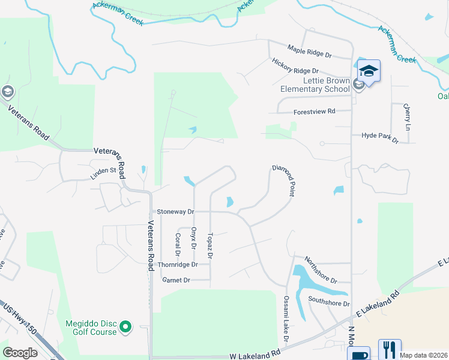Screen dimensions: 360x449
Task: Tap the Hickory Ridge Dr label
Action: pos(295,67)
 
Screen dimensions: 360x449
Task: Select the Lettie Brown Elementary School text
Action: pos(318,85)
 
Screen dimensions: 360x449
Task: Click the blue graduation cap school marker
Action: pos(369,71)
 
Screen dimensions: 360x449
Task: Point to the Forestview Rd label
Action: pos(314,112)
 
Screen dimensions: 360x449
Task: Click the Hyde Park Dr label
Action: pos(380,137)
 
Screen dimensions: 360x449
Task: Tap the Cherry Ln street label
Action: pos(406,117)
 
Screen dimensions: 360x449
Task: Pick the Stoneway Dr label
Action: pos(175,212)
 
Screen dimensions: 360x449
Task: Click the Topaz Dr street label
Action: pos(209,245)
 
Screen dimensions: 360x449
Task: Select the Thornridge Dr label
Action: pos(177,265)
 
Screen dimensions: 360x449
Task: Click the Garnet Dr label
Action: pos(176,280)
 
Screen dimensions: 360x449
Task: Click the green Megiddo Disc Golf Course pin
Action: pos(125,327)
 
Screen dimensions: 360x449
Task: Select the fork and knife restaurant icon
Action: pos(390,349)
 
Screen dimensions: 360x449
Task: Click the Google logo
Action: pos(20,353)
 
